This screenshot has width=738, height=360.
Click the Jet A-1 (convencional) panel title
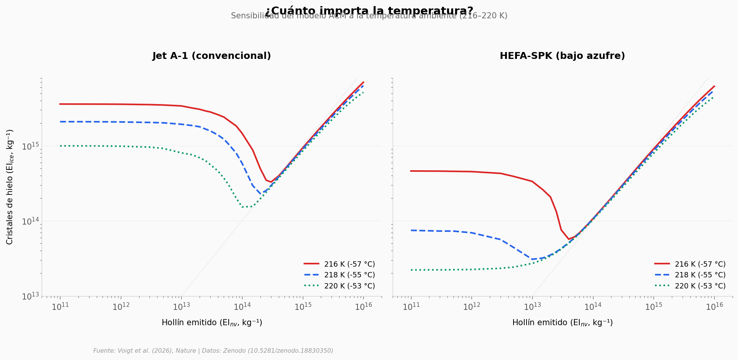coord(211,56)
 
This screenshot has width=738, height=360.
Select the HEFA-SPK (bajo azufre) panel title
coord(562,56)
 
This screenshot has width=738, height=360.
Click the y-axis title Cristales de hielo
coord(10,187)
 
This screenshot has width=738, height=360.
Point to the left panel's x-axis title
coord(211,323)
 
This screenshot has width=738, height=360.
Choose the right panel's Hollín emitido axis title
coord(562,323)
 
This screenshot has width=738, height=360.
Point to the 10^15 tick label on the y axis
coord(30,147)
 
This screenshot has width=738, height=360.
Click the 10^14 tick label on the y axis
coord(30,222)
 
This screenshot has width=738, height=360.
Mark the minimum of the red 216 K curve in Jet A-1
coord(271,182)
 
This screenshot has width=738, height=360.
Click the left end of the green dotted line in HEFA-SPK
coord(411,270)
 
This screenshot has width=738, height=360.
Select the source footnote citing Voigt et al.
coord(213,351)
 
